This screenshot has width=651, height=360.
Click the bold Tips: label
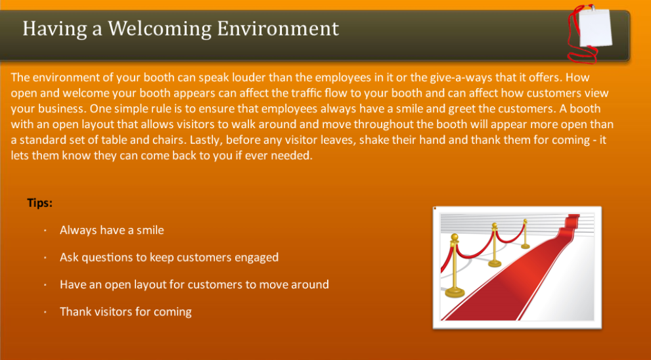coord(39,203)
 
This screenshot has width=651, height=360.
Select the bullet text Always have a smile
coord(112,230)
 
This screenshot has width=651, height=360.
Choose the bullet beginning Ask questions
coord(169,258)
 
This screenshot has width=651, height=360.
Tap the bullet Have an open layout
coord(194,284)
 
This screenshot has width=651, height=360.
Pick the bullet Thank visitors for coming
coord(125,311)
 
